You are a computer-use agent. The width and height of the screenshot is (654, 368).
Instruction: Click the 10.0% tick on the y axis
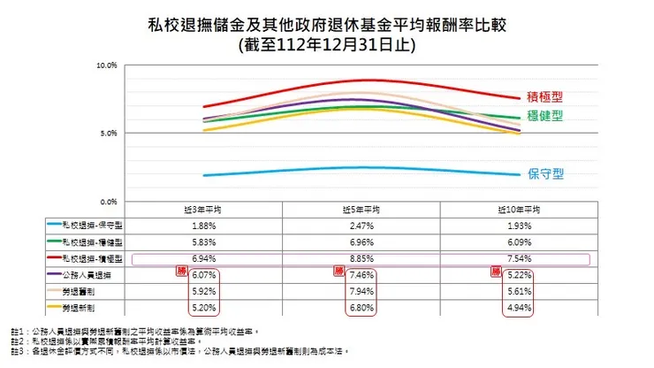(x=107, y=65)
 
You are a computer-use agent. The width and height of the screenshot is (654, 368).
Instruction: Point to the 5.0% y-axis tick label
(x=109, y=134)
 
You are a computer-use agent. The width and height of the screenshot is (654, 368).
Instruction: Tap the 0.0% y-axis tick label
(x=109, y=202)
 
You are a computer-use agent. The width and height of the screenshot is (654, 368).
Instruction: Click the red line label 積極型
(x=545, y=96)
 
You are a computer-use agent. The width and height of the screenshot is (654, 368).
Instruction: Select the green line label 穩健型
(x=545, y=116)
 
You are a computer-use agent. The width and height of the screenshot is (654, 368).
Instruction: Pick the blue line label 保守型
(x=545, y=174)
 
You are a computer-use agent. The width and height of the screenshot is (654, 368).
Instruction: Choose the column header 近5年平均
(x=361, y=211)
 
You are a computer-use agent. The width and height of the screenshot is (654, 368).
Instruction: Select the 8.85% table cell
(x=361, y=259)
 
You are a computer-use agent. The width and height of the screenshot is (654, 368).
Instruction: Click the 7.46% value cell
(x=361, y=275)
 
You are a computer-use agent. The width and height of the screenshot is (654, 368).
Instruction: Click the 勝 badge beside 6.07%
(x=183, y=271)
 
